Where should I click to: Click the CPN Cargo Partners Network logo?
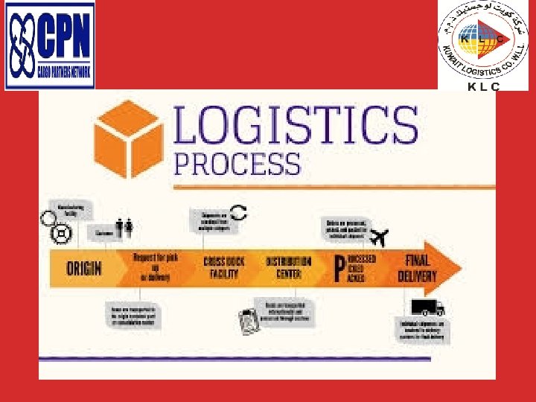50,45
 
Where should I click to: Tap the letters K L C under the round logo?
483,86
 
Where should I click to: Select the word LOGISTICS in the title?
296,127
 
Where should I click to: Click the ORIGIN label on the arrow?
84,267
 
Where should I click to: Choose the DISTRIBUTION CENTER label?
288,267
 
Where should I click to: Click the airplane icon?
379,239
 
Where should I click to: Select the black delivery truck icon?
427,307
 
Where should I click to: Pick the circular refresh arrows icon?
237,211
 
